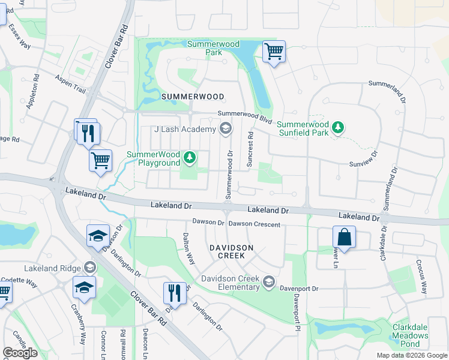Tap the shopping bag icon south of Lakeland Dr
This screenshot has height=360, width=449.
click(x=344, y=236)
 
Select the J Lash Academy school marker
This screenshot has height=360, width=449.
click(x=225, y=128)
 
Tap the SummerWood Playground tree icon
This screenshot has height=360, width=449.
click(x=190, y=158)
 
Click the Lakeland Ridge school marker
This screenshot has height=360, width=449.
click(x=90, y=267)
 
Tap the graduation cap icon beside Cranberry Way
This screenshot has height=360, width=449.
click(x=84, y=287)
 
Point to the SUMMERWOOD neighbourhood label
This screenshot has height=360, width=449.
click(x=193, y=96)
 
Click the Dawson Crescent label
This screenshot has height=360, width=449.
click(x=255, y=224)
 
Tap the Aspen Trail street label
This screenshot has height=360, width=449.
click(x=71, y=85)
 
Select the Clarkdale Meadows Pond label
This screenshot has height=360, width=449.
click(x=410, y=335)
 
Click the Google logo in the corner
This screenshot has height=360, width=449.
click(x=20, y=353)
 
